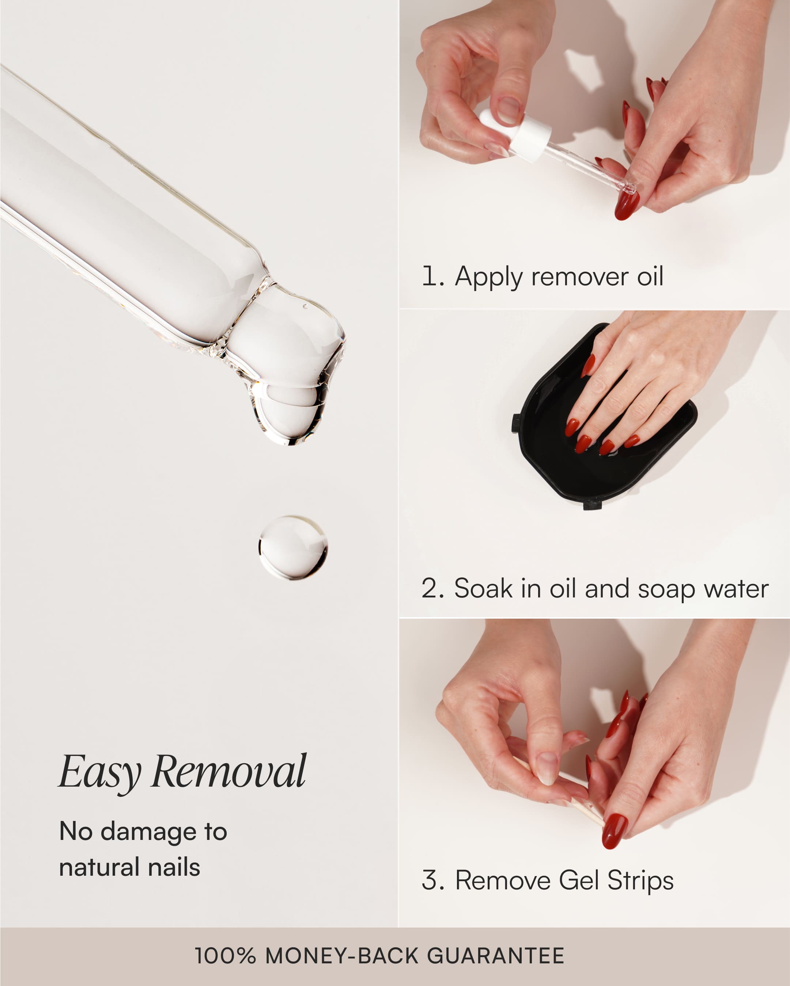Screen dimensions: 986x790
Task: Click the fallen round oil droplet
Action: click(x=293, y=547)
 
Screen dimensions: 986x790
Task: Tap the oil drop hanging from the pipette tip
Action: click(x=288, y=412)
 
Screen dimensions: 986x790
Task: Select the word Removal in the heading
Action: click(x=228, y=772)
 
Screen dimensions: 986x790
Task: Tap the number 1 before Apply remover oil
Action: click(x=430, y=277)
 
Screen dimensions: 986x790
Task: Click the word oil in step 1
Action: click(x=650, y=277)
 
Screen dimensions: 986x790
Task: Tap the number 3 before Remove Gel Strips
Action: click(x=430, y=880)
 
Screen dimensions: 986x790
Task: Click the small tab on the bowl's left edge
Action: click(x=515, y=423)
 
